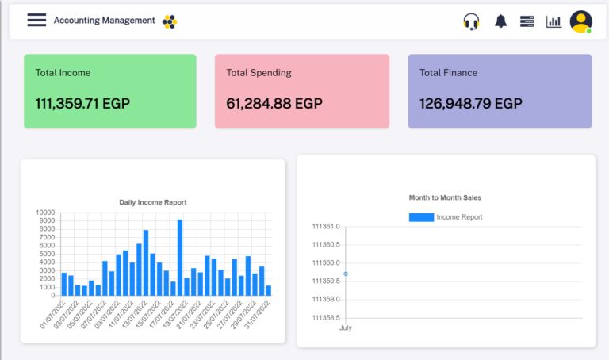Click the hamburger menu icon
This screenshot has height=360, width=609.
tap(36, 21)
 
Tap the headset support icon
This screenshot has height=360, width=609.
tap(471, 21)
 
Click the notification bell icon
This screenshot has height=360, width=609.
tap(500, 21)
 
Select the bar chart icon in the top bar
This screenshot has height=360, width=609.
tap(553, 21)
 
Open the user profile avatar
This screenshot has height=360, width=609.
tap(581, 21)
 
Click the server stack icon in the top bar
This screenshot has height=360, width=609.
tap(527, 21)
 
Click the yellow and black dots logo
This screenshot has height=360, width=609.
tap(170, 21)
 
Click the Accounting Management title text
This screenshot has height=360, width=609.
tap(104, 21)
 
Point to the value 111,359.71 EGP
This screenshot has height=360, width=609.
tap(82, 103)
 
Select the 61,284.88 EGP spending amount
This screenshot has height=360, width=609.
tap(274, 103)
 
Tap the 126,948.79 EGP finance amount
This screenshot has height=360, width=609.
tap(471, 103)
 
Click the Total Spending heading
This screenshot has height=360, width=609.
tap(259, 73)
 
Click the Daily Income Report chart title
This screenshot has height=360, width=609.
tap(153, 202)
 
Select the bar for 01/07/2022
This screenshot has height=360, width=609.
tap(64, 284)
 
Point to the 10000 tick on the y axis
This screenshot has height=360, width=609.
tap(45, 213)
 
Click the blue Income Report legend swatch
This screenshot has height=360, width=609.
tap(421, 217)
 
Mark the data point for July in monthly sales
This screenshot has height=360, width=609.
tap(346, 274)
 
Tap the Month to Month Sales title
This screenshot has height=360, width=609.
tap(445, 197)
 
